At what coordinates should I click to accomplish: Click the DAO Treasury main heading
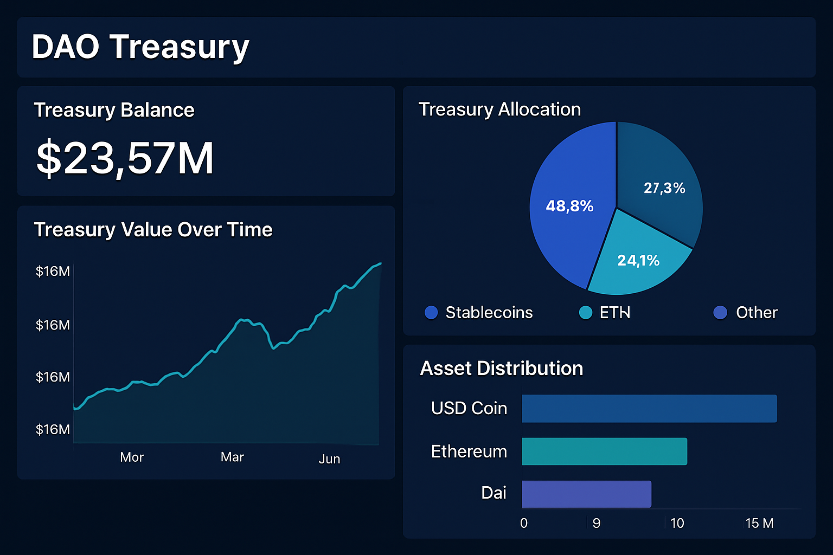point(140,47)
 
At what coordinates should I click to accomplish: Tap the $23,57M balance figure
point(125,158)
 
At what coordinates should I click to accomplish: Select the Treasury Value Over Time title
point(153,230)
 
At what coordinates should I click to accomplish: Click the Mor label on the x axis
point(132,457)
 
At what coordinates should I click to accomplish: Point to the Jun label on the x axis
point(329,459)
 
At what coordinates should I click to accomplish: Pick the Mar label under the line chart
point(232,457)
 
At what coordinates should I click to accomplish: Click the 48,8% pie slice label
point(569,206)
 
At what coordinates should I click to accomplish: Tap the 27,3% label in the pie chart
point(664,188)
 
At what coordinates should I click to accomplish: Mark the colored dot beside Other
point(720,313)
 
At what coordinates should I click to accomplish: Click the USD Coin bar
point(649,409)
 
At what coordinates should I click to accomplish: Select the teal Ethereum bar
point(604,451)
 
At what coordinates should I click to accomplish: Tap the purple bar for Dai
point(586,494)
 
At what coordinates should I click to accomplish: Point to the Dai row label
point(494,493)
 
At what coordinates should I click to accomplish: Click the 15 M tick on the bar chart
point(759,523)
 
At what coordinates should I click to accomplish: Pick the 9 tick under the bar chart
point(596,523)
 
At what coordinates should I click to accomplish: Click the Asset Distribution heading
point(501,369)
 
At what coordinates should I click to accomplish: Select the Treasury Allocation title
point(499,109)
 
